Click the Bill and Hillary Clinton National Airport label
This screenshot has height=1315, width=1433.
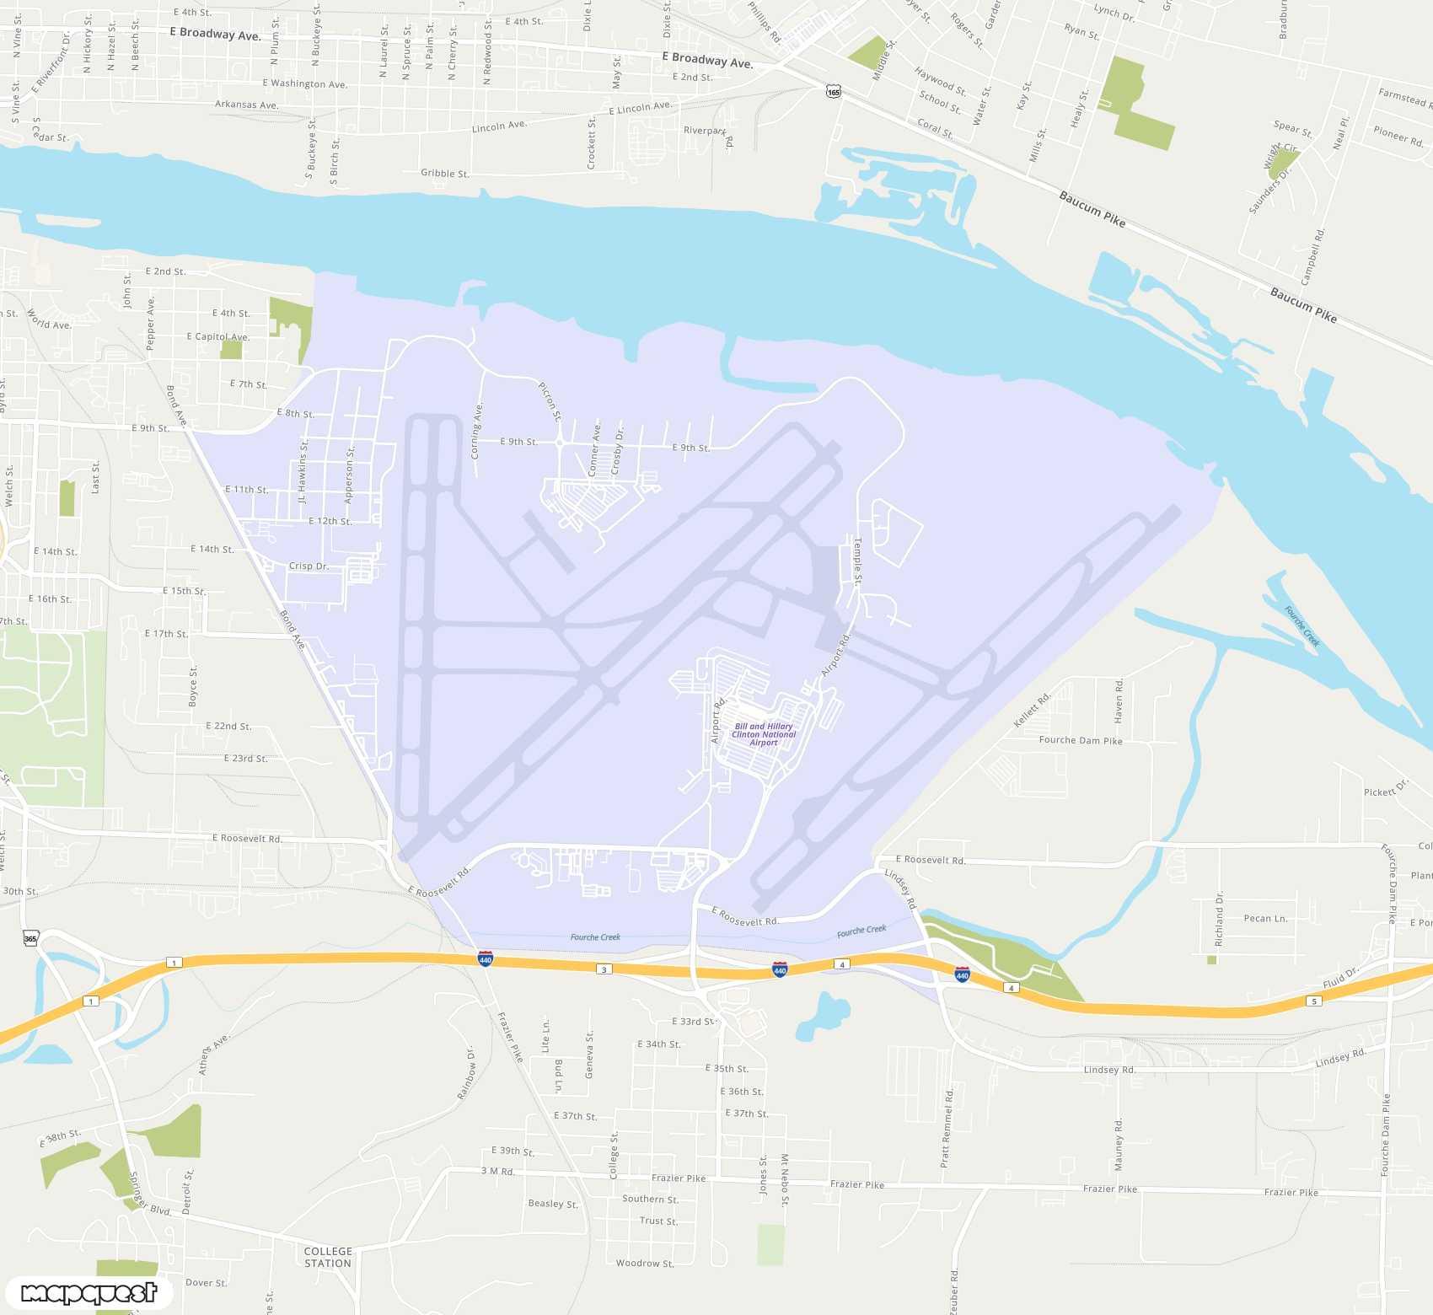764,734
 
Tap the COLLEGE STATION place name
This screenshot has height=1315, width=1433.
328,1257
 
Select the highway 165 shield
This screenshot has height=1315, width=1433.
834,92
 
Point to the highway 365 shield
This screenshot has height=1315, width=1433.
30,938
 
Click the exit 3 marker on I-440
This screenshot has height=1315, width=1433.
604,969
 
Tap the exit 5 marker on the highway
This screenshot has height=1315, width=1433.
1313,1001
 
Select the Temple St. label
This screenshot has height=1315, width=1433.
858,561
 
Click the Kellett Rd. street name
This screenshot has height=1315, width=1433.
1032,710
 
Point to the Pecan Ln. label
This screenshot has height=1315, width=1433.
1265,919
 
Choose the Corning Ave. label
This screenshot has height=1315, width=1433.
477,431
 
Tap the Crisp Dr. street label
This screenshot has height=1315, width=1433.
309,566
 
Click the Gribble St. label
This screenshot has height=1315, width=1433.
445,174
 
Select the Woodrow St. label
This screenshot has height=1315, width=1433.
645,1264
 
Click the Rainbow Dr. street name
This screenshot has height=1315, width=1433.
466,1073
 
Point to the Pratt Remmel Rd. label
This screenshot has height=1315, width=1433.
947,1128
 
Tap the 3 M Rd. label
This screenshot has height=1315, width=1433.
497,1171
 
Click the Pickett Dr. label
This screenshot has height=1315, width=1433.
1386,788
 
